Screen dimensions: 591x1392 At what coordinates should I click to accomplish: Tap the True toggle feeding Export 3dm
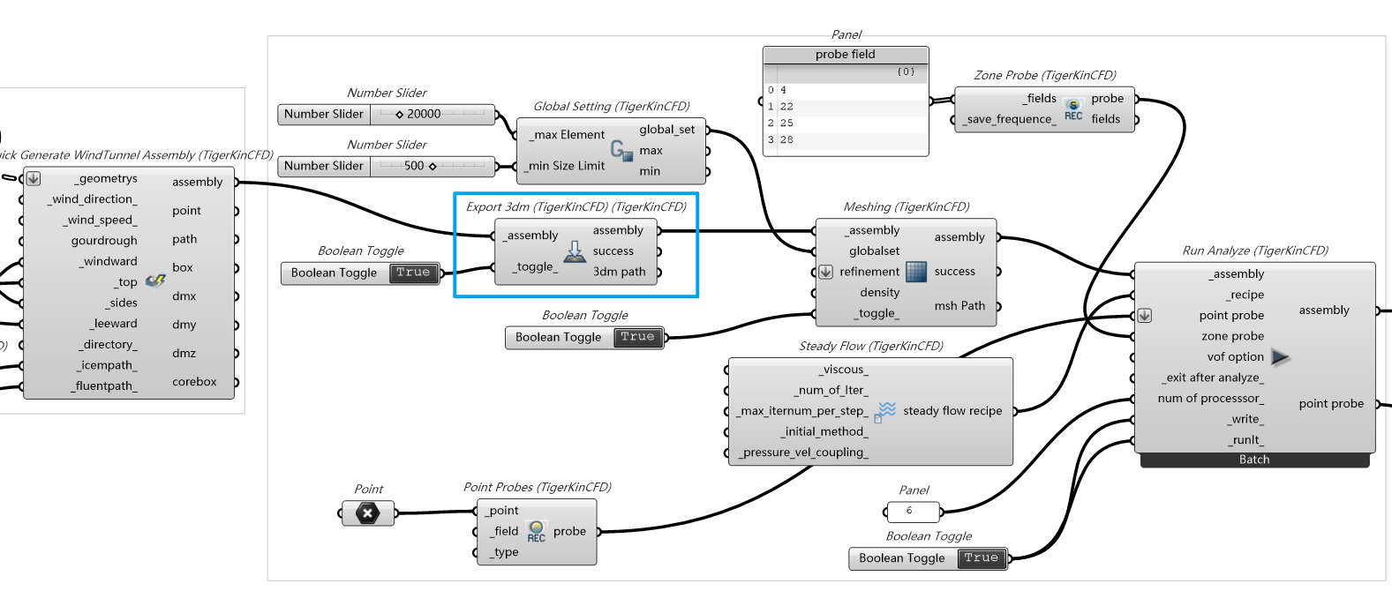click(x=413, y=273)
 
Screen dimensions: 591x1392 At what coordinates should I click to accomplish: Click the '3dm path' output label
click(x=619, y=272)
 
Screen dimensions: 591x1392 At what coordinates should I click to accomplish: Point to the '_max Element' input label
click(x=569, y=135)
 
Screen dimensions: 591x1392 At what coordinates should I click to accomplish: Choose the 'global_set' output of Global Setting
click(x=666, y=130)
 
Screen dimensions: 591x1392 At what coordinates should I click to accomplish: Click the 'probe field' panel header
click(x=845, y=55)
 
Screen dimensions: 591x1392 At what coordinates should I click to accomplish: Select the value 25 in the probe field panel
click(x=786, y=123)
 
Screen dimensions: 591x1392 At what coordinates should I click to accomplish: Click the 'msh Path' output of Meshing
click(x=959, y=306)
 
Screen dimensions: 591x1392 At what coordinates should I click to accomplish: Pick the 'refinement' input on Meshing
click(x=869, y=272)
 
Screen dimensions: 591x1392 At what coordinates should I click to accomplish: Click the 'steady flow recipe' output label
click(x=952, y=411)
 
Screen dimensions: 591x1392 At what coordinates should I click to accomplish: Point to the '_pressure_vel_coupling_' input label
click(x=803, y=453)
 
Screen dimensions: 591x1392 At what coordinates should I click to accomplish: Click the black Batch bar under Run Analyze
click(x=1253, y=460)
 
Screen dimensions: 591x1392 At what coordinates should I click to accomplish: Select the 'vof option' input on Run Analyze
click(x=1235, y=357)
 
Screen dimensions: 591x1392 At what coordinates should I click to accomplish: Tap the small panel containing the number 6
click(x=912, y=511)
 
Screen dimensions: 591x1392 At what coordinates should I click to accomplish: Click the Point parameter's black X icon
click(x=367, y=512)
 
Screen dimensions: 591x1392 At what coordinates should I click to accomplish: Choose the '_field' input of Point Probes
click(x=506, y=531)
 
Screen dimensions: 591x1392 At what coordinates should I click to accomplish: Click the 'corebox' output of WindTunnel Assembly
click(x=194, y=382)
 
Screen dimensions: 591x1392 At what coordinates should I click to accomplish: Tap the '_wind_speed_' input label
click(x=100, y=220)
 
